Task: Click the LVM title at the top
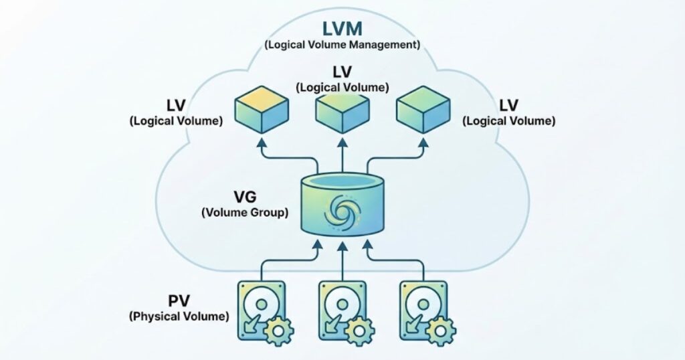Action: point(341,29)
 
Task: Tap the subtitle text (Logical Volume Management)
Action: point(342,46)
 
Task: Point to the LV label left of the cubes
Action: point(176,106)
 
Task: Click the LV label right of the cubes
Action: point(509,106)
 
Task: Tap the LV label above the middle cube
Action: point(342,72)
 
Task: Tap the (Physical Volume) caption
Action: point(178,314)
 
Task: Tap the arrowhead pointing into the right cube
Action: point(423,143)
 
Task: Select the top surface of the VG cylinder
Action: point(342,182)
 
